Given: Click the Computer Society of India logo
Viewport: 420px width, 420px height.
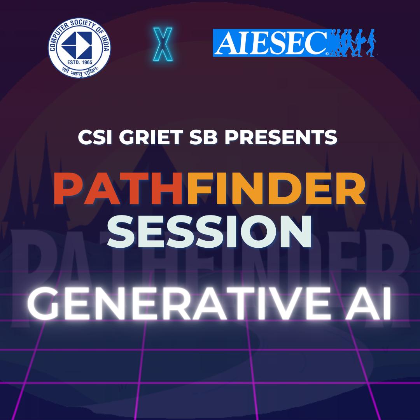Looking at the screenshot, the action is pos(79,48).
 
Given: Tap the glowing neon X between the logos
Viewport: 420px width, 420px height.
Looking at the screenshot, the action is pos(163,44).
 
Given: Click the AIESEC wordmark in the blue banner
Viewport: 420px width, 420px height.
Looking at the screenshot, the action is pos(271,43).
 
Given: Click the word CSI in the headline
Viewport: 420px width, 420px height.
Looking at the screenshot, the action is pos(94,137).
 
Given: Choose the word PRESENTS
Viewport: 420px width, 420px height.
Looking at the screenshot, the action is pos(280,137).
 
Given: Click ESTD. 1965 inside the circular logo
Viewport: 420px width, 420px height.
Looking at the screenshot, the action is pos(80,62).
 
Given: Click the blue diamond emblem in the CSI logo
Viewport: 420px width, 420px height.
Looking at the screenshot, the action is pos(77,45).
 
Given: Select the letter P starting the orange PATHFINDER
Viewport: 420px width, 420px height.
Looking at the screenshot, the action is pos(68,189).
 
